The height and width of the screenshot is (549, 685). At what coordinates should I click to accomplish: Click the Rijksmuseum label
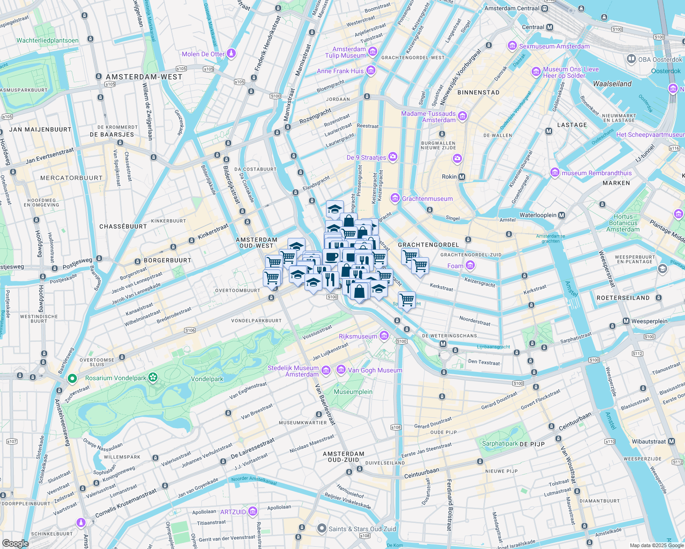pos(358,336)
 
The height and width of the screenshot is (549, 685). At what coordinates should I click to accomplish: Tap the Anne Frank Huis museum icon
pos(371,71)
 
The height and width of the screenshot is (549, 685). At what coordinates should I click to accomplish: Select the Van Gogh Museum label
pos(375,370)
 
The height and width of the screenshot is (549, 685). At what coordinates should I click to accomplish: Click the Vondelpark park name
pos(207,379)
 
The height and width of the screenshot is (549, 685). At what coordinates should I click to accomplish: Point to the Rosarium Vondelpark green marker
pos(72,378)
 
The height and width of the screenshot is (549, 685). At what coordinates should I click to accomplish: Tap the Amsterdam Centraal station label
pos(512,8)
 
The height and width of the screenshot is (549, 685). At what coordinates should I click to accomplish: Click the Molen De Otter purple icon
pos(231,54)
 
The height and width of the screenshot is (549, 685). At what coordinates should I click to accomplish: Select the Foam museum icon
pos(470,265)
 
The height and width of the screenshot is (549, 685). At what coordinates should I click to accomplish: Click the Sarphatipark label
pos(500,443)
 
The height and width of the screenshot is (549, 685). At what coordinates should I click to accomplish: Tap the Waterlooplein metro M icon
pos(562,215)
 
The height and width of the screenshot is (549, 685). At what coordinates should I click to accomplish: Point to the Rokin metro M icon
pos(462,177)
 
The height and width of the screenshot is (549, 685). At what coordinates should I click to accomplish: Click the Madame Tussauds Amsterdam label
pos(429,117)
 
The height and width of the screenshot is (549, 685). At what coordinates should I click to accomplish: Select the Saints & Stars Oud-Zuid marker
pos(322,529)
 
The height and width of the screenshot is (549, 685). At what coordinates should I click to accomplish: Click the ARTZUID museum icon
pos(252,511)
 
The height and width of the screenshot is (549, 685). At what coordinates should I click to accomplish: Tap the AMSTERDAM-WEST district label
pos(144,77)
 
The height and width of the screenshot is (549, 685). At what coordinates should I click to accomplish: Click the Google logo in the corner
pos(15,543)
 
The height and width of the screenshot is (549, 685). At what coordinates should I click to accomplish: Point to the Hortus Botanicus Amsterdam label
pos(623,223)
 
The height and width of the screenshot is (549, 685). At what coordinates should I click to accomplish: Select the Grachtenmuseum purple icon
pos(395,199)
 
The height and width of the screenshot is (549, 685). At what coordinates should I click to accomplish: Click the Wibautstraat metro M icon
pos(671,441)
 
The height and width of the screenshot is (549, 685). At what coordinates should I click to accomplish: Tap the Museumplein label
pos(353,392)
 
